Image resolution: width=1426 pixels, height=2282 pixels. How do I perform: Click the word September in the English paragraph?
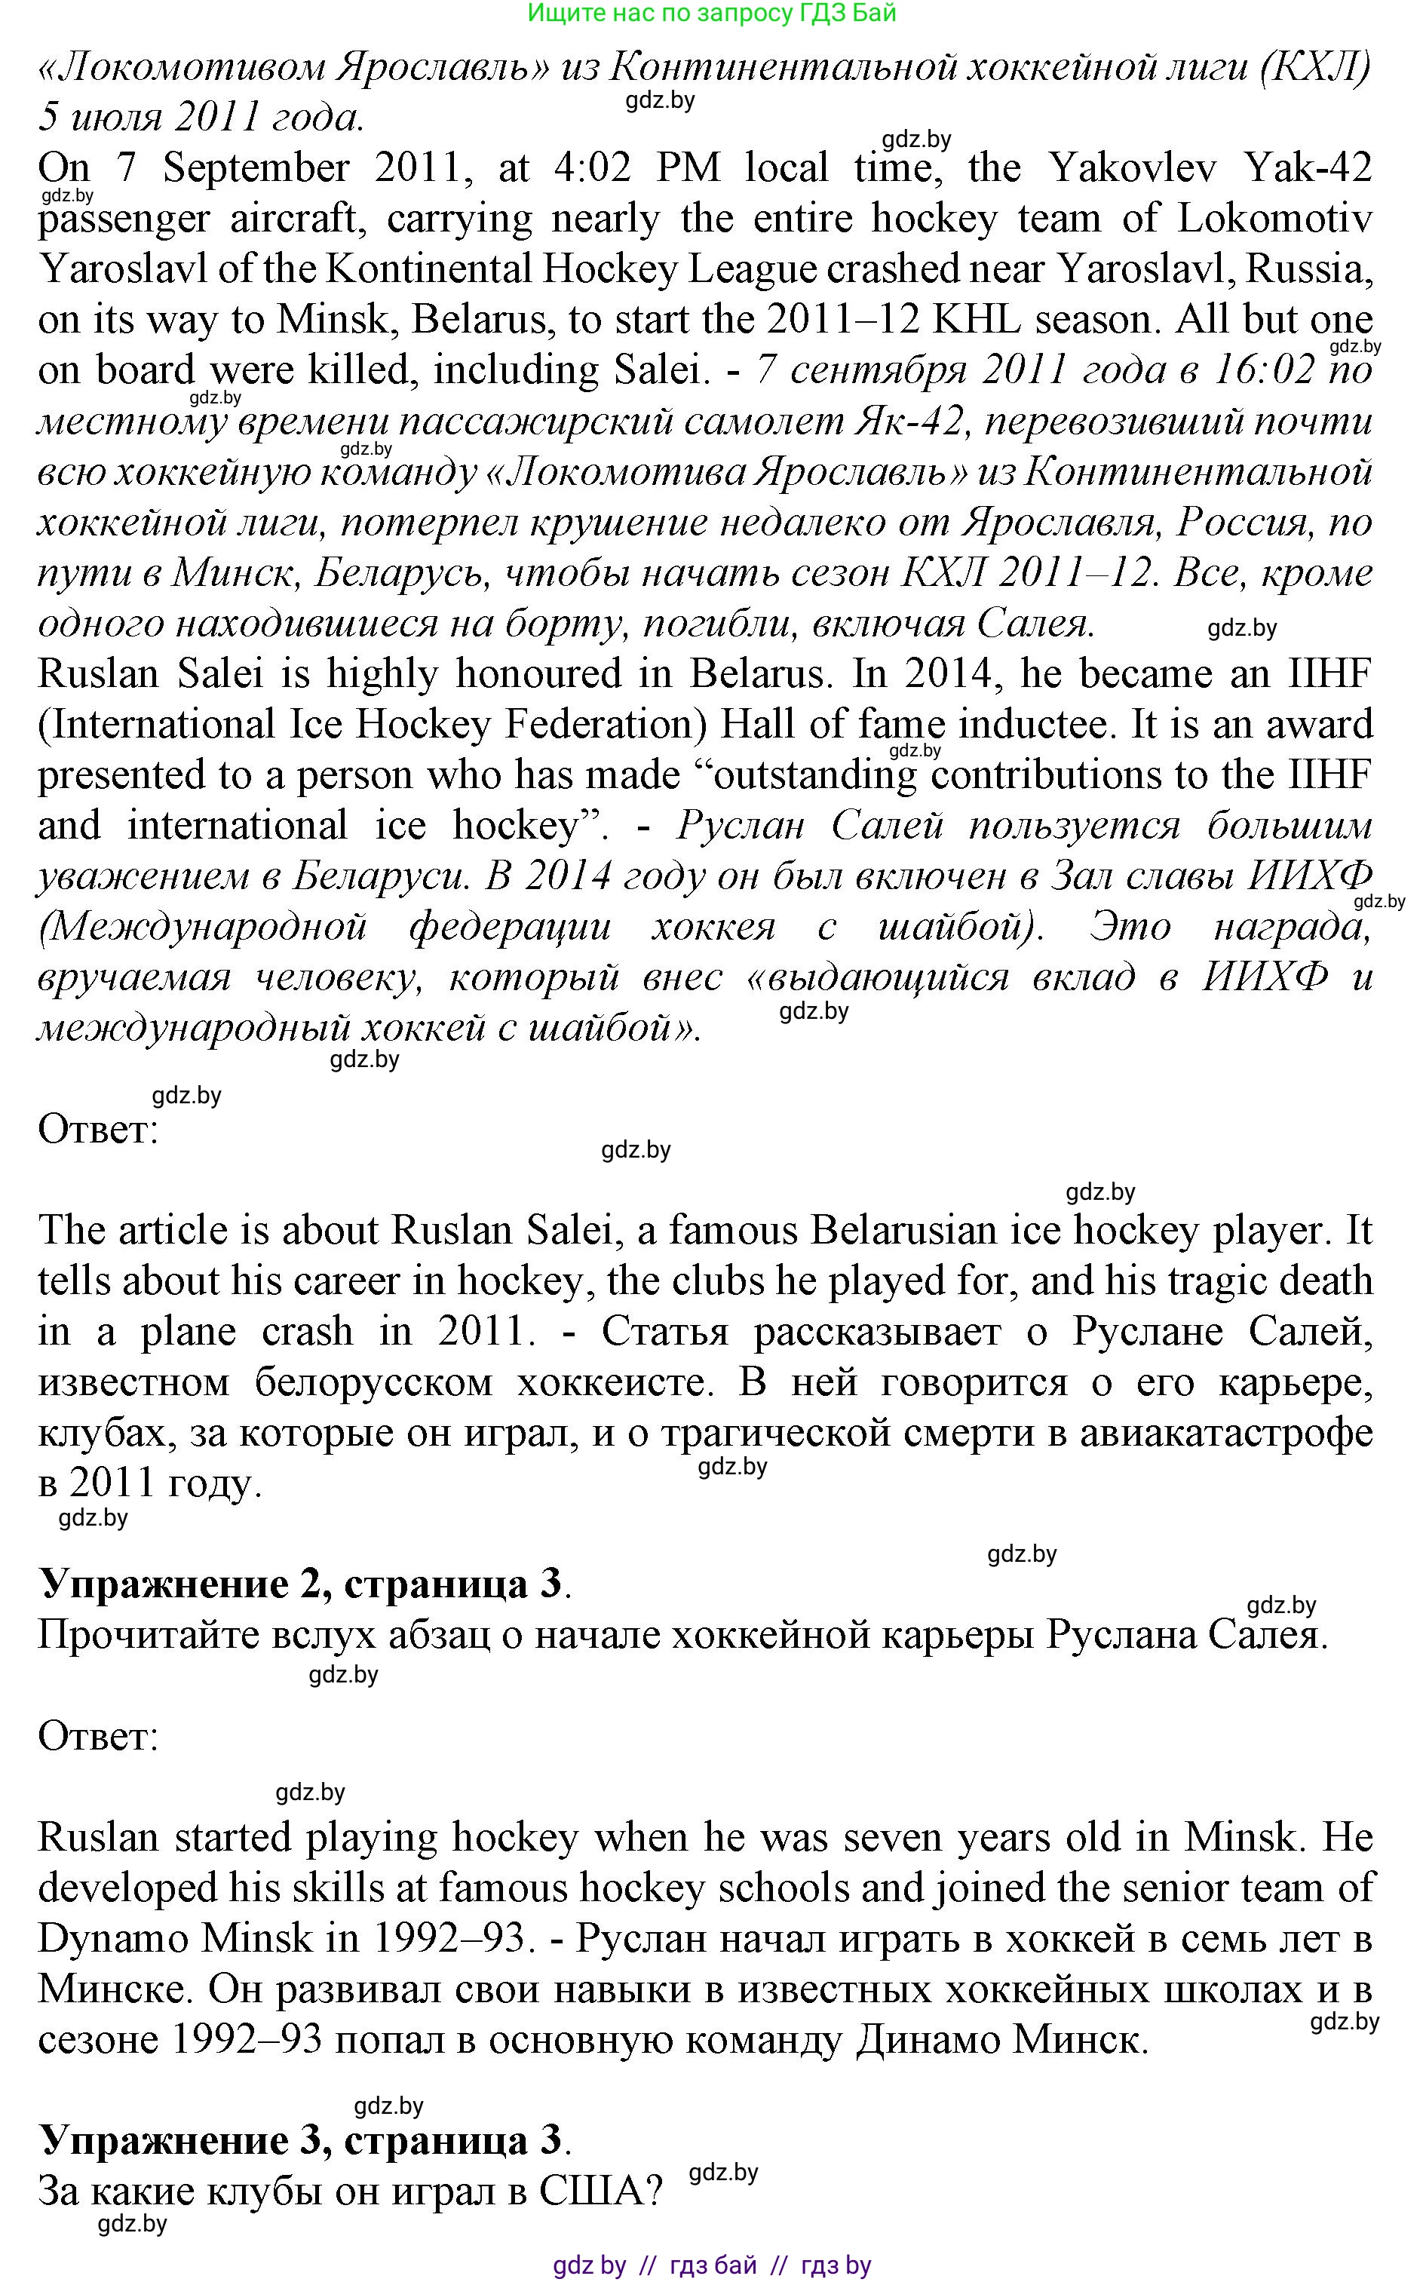click(x=256, y=169)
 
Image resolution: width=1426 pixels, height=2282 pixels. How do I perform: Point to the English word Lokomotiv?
click(x=1275, y=219)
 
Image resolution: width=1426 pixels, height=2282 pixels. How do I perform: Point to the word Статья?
click(x=665, y=1333)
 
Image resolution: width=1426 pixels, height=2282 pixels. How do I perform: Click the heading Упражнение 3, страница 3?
click(x=304, y=2139)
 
